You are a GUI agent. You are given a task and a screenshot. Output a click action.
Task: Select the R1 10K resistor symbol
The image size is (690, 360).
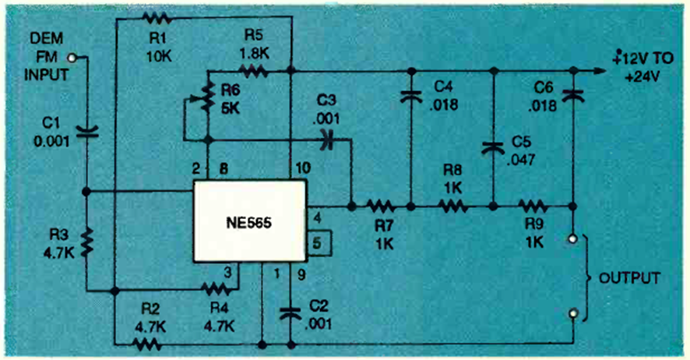point(156,16)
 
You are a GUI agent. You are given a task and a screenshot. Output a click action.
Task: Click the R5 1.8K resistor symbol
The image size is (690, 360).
point(253,72)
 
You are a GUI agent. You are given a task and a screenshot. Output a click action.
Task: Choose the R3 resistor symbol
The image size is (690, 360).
point(85,242)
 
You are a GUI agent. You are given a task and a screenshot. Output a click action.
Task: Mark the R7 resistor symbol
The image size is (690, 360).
point(381,207)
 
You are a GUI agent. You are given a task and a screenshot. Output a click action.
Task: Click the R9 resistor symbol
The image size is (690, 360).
point(532,207)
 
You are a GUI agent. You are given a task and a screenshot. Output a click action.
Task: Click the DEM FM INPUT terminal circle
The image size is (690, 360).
point(72,57)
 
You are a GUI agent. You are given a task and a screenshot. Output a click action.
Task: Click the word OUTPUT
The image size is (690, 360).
point(629,277)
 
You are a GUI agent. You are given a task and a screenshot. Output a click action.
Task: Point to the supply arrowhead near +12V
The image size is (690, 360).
point(599,71)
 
